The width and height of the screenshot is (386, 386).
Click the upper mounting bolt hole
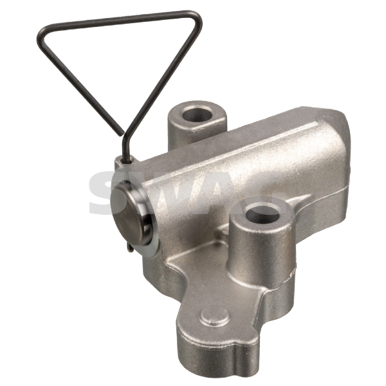197,115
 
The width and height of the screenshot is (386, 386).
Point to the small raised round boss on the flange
215,317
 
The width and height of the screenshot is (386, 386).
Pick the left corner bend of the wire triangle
42,37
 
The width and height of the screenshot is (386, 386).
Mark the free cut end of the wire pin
121,134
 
